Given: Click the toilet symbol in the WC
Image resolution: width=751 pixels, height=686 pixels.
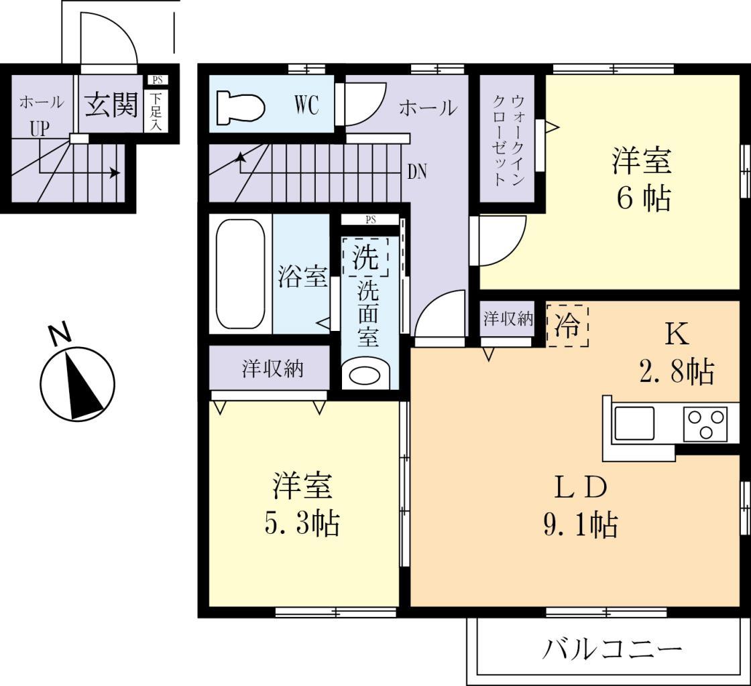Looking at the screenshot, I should (241, 107).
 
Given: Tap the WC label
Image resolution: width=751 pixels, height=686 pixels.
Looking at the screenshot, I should (305, 106).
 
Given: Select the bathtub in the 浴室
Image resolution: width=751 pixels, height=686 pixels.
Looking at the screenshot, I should (241, 274).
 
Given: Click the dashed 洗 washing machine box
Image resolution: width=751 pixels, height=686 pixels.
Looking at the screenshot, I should (365, 257).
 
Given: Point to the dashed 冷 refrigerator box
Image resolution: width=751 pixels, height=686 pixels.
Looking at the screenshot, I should (568, 326).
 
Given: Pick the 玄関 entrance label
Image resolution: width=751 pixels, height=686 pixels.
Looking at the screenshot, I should (111, 105).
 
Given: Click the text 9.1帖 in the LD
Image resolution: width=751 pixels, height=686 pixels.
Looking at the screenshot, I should (581, 525).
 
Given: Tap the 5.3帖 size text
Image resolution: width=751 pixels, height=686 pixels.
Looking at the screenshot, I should (302, 524).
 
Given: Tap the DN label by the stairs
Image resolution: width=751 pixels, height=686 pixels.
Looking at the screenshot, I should (418, 172).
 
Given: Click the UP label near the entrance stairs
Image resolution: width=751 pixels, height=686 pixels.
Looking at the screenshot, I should (39, 129).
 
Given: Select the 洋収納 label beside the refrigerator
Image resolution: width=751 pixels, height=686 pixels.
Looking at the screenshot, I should (508, 319).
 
